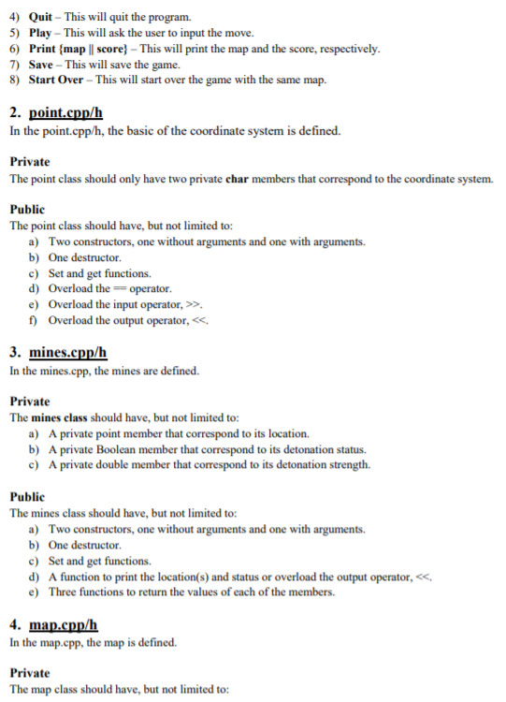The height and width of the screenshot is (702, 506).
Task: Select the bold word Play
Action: pos(43,33)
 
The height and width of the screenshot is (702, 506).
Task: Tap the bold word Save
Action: pos(43,65)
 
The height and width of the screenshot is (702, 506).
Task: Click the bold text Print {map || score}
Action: pos(90,49)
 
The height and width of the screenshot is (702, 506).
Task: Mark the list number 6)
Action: pos(16,49)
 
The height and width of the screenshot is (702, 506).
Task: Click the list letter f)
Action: pos(35,321)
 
